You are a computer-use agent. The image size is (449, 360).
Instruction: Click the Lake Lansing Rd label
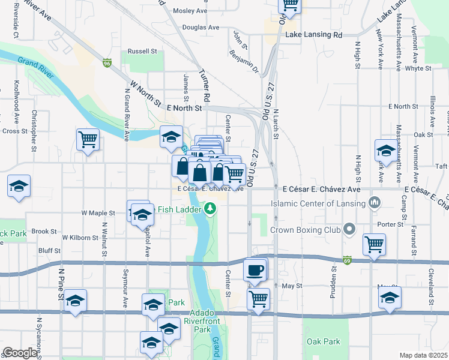pos(313,35)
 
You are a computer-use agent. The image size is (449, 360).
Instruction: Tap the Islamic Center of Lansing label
pos(318,203)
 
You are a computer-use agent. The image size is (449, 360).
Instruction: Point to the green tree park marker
pos(209,208)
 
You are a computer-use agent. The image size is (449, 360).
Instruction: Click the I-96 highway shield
pos(107,62)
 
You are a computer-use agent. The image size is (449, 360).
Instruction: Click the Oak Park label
pos(323,342)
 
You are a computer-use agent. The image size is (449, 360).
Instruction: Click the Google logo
pos(19,352)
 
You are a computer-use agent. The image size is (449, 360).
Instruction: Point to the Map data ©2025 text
pos(423,355)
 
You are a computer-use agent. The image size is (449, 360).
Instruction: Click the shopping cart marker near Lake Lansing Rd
pos(291,5)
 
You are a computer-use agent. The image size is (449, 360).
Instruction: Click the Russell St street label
pos(142,51)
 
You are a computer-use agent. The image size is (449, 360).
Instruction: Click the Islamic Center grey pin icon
pos(376,202)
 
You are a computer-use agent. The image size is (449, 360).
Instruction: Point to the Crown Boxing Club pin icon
pos(349,229)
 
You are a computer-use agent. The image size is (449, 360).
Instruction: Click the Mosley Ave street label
pos(190,11)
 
